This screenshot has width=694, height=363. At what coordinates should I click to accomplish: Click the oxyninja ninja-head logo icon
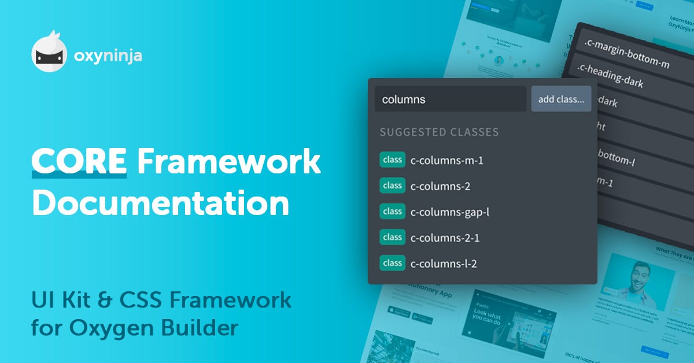coord(49,55)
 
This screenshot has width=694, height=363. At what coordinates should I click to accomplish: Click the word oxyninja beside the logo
coord(108,56)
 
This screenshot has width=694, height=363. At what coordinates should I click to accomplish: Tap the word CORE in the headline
coord(79,162)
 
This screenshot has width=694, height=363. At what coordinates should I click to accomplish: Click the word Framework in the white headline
coord(228,162)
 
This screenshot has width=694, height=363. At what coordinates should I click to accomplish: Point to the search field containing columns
coord(450,99)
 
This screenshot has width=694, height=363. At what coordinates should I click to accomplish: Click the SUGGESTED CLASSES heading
coord(439,132)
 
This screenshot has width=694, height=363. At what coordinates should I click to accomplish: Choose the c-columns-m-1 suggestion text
coord(446,160)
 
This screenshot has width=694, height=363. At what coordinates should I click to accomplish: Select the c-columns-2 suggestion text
coord(440,186)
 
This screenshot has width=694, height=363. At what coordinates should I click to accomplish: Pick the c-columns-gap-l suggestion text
coord(450,212)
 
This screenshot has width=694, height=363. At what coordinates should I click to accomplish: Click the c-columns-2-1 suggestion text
coord(444,238)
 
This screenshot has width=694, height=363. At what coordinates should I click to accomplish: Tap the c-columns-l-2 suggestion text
coord(444,264)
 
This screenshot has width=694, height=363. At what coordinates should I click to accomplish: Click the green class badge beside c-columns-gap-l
coord(392,212)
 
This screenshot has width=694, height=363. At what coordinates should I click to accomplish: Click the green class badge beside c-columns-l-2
coord(392,263)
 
